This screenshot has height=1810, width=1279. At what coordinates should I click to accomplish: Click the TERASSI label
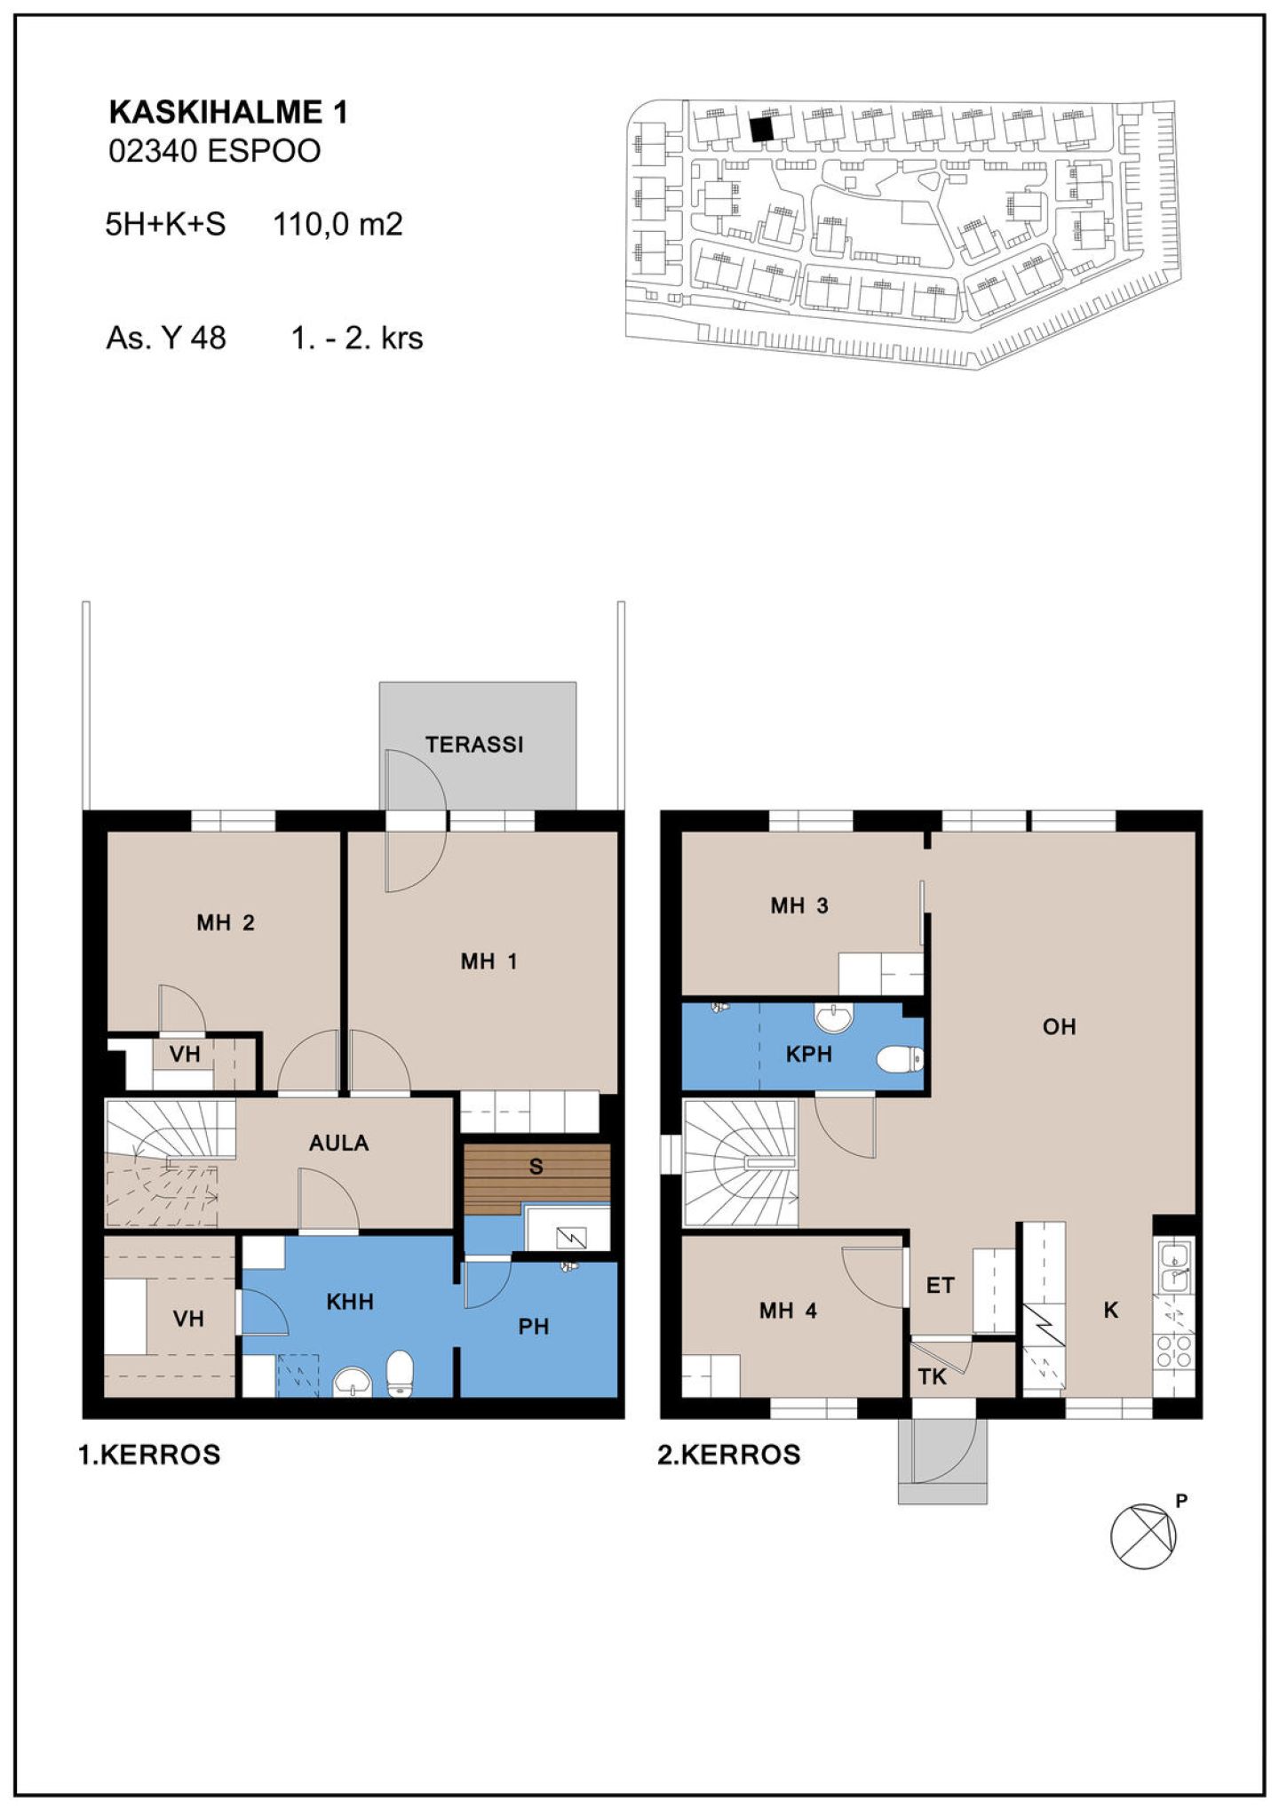(474, 745)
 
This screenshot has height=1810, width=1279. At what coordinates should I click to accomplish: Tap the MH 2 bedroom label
(226, 922)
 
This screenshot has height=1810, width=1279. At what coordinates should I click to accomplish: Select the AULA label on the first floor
(338, 1143)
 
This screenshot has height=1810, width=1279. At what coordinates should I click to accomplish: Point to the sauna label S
(536, 1167)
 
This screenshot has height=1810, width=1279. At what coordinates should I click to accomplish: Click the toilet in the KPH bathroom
(900, 1059)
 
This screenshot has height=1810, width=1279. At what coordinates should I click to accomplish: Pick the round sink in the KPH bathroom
(834, 1018)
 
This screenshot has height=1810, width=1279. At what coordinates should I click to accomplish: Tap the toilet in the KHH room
(401, 1373)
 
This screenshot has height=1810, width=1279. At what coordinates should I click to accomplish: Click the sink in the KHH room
(353, 1382)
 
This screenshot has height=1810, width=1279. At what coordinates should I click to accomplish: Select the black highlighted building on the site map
(761, 130)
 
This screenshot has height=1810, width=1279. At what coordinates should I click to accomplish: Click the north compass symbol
(1144, 1536)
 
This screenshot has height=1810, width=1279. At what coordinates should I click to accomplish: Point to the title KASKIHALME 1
(228, 112)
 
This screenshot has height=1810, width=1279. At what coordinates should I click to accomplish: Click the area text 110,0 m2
(338, 224)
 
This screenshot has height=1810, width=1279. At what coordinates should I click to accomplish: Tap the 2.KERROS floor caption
(729, 1455)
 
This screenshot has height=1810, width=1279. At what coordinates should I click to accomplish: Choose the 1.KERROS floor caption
(149, 1455)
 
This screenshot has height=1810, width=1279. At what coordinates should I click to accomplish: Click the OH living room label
(1059, 1027)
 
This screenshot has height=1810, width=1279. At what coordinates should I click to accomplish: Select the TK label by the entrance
(932, 1377)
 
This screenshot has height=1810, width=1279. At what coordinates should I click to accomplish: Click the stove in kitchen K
(1173, 1350)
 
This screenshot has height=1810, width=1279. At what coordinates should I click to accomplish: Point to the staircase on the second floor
(740, 1162)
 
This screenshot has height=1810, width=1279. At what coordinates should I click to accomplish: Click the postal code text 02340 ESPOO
(214, 151)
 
